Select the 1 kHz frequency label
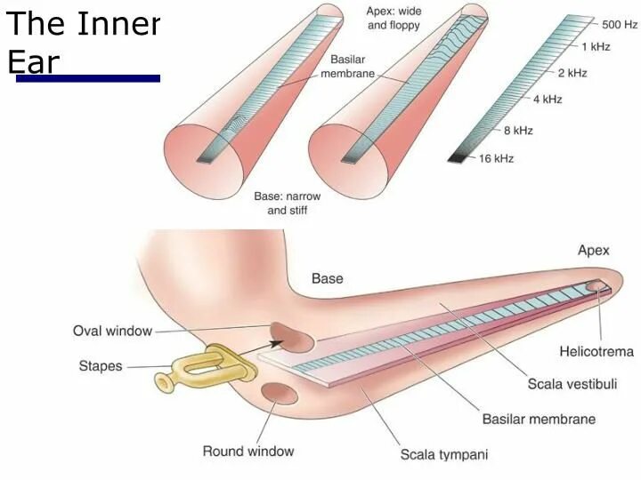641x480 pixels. (596, 45)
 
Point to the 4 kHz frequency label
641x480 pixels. (548, 99)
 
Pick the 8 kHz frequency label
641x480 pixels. (518, 131)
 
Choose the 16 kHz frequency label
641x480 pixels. (497, 158)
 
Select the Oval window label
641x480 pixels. (112, 332)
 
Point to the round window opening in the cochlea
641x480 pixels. (280, 394)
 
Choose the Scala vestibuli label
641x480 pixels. (572, 384)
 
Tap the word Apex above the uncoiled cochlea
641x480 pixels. (594, 251)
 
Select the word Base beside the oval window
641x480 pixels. (327, 279)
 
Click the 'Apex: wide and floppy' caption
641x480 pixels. (394, 18)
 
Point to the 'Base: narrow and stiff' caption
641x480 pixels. (288, 203)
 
